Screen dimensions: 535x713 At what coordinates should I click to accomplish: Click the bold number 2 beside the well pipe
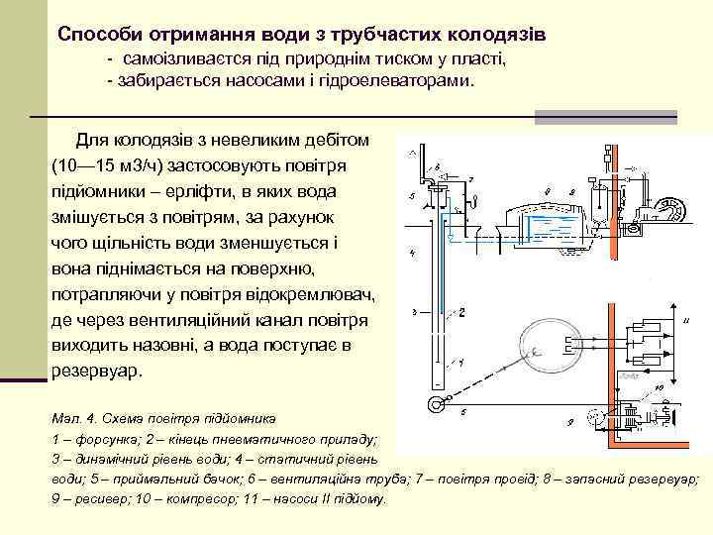click(461, 313)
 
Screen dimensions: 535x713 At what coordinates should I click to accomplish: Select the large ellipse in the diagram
click(532, 347)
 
